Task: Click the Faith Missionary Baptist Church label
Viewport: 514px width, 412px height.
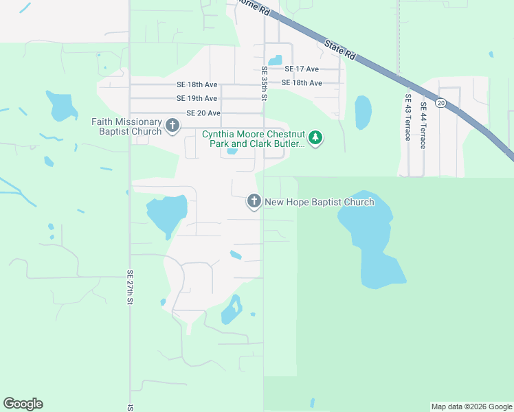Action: [127, 126]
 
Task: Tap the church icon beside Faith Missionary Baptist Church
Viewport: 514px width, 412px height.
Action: [172, 126]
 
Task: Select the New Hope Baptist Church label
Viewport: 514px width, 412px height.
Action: [320, 202]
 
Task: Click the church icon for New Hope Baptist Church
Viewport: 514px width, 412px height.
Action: [254, 201]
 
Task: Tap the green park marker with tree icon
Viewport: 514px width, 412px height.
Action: [315, 138]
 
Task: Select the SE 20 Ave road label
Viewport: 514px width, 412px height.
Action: [203, 113]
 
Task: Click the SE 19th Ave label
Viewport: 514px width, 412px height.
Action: [197, 99]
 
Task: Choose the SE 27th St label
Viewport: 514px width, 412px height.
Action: [129, 286]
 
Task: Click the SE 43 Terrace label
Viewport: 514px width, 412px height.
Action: [407, 117]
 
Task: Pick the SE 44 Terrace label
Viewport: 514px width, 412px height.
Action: [423, 125]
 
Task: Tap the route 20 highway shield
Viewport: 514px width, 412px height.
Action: [440, 103]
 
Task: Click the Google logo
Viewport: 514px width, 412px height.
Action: [23, 404]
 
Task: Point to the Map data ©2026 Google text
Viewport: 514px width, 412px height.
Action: [471, 407]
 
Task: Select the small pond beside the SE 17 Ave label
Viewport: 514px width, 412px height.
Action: [275, 60]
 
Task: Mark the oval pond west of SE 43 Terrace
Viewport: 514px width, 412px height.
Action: [363, 112]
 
